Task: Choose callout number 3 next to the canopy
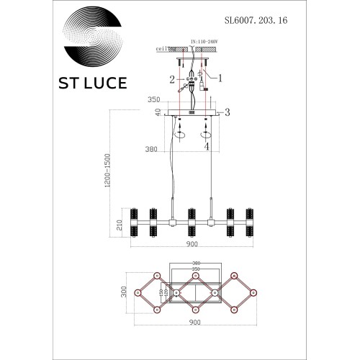[x=227, y=112]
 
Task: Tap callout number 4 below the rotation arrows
[x=206, y=148]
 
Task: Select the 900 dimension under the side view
[x=191, y=244]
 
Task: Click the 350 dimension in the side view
[x=153, y=102]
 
